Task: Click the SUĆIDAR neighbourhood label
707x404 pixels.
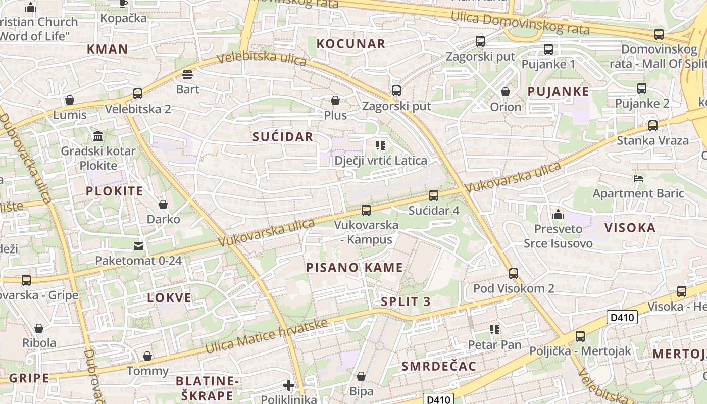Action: point(283,137)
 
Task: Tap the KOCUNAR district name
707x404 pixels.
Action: point(350,44)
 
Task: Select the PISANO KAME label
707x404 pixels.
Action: point(355,268)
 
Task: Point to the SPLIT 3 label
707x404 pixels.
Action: point(406,302)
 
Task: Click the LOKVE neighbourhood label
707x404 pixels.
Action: point(169,298)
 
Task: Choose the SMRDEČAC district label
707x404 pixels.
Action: point(438,367)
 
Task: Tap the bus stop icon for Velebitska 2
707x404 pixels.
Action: point(137,93)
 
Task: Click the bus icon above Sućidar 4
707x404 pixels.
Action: point(433,195)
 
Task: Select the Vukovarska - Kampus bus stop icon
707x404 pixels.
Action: point(366,210)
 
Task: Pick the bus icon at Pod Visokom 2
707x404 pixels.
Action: point(514,273)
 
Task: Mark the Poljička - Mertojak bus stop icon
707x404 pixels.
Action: point(580,336)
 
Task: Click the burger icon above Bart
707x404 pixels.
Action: point(187,75)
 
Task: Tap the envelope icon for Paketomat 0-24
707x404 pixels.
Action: point(138,246)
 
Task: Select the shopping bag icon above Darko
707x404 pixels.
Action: point(163,205)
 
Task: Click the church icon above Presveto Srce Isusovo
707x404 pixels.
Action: point(558,214)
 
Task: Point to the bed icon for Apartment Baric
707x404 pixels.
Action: point(638,178)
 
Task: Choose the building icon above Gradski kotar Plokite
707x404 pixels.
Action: point(98,136)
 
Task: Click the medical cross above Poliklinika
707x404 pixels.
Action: point(289,386)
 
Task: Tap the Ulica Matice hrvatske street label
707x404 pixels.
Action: point(267,336)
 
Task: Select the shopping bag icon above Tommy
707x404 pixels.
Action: point(147,356)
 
